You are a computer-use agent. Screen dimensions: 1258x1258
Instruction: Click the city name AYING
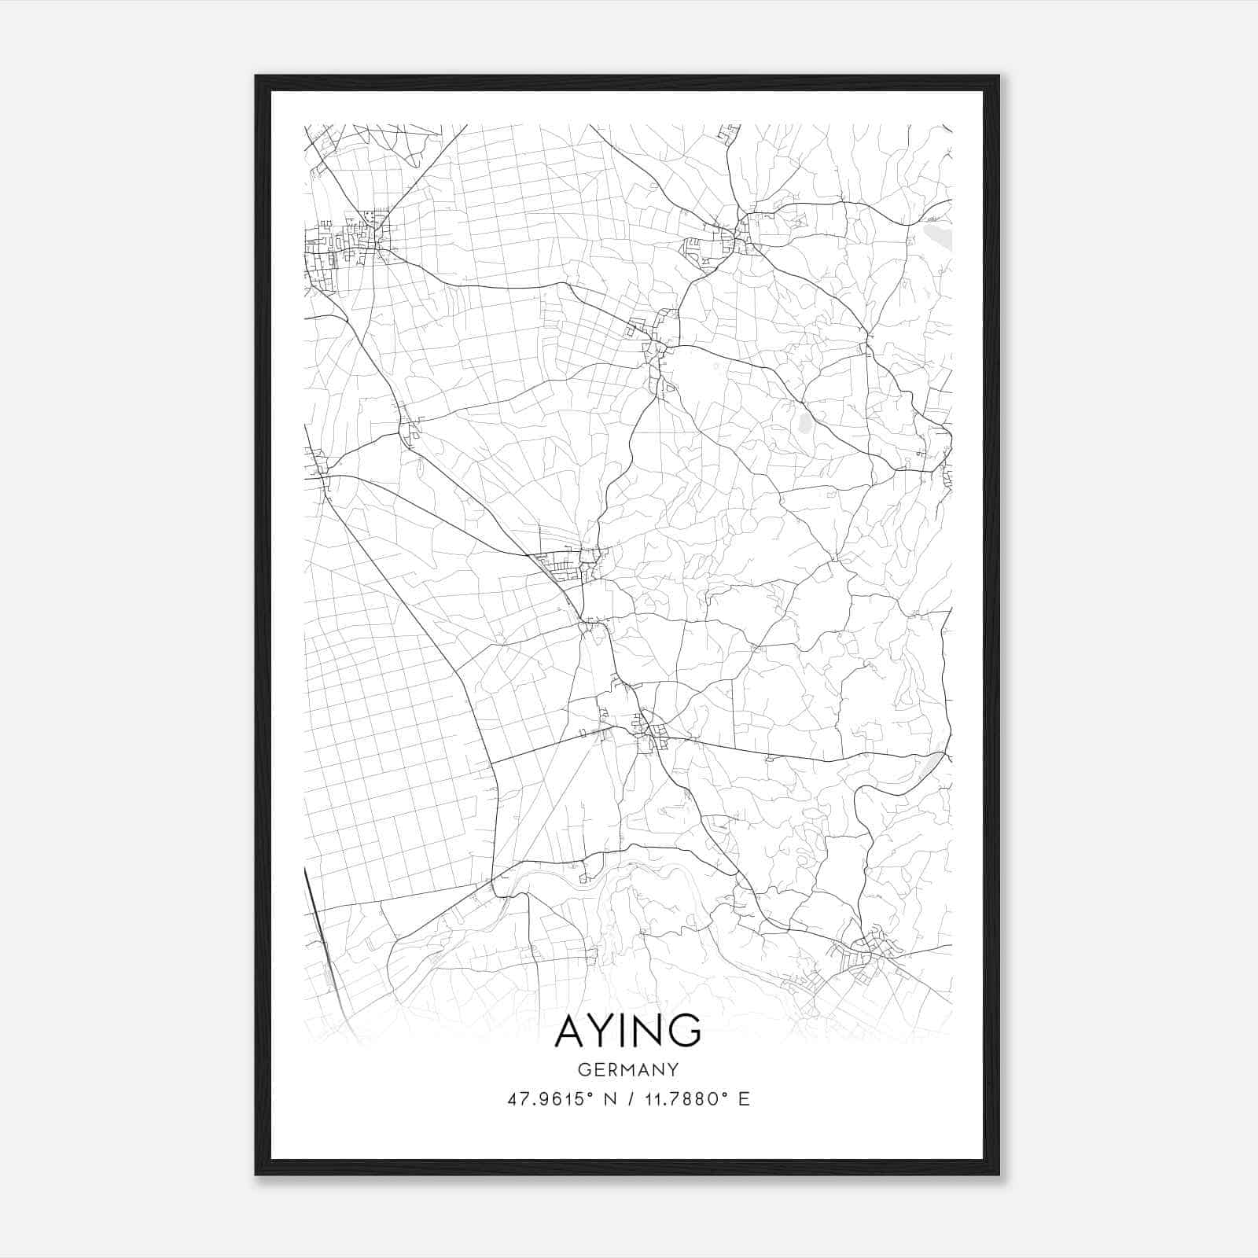(628, 1030)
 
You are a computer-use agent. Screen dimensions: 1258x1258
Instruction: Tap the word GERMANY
(628, 1069)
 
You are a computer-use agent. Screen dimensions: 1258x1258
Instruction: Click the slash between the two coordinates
(630, 1099)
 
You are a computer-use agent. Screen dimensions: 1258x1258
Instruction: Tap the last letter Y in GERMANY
(673, 1069)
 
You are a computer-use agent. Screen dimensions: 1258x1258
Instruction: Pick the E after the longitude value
(744, 1099)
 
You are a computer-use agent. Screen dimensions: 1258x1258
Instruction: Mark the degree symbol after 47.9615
(589, 1094)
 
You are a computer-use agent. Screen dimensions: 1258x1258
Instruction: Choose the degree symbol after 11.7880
(725, 1094)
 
